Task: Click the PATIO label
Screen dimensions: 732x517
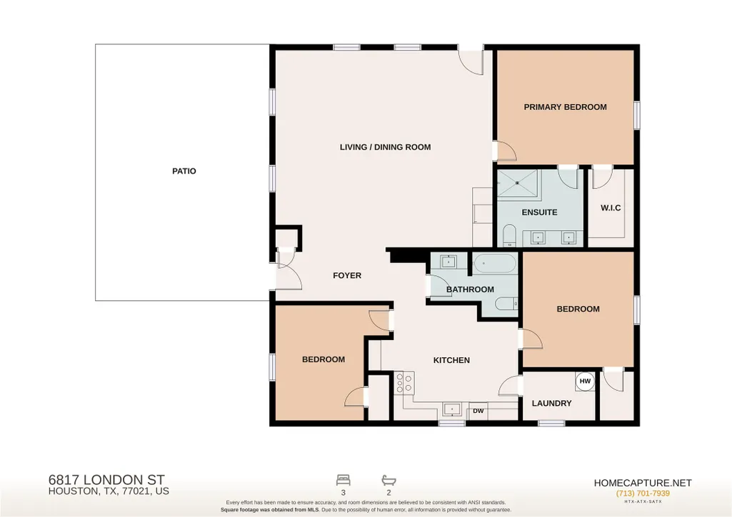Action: pos(184,171)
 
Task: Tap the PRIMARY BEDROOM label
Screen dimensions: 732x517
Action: pos(565,107)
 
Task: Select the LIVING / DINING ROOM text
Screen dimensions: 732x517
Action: pos(385,147)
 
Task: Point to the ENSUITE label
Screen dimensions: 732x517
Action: pos(539,212)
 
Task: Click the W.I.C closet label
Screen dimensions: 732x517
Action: pos(611,208)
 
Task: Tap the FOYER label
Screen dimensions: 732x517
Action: pos(347,275)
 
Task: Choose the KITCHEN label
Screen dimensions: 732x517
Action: pos(451,360)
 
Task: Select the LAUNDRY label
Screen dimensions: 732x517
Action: pos(551,403)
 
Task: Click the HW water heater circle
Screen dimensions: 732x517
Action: pos(585,381)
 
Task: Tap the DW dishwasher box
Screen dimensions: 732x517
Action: pos(478,411)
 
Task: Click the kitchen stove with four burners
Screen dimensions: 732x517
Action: pos(403,383)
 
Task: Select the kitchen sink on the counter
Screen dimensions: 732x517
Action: pos(451,410)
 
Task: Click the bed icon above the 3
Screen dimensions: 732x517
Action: pos(343,480)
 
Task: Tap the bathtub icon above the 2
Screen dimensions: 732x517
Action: pos(388,480)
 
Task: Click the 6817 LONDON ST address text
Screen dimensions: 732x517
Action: pos(106,480)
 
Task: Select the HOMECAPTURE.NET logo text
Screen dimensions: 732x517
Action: pos(642,483)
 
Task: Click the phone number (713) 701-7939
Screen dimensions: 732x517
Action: pos(642,493)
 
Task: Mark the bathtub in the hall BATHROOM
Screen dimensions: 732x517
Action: pos(494,265)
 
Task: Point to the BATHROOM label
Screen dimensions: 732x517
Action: pos(470,290)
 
